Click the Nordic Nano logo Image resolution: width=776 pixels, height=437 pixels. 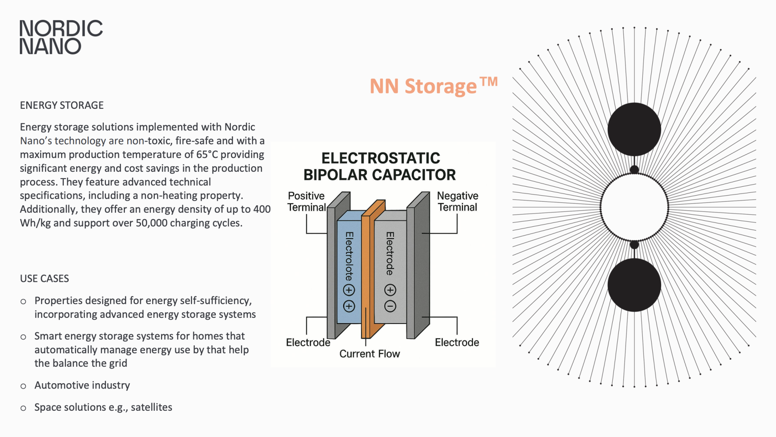pyautogui.click(x=61, y=37)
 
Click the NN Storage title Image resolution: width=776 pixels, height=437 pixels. pyautogui.click(x=433, y=86)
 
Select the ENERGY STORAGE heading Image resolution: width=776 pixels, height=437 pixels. pyautogui.click(x=62, y=106)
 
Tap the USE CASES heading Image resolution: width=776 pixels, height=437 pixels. pyautogui.click(x=44, y=279)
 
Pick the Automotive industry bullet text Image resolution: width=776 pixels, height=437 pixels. pyautogui.click(x=82, y=385)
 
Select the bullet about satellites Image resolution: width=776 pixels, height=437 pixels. pyautogui.click(x=103, y=407)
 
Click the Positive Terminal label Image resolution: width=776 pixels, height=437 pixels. pyautogui.click(x=306, y=201)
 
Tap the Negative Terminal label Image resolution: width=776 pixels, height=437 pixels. pyautogui.click(x=458, y=201)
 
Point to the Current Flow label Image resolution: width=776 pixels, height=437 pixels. pyautogui.click(x=369, y=354)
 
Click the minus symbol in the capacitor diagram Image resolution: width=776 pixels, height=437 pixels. pyautogui.click(x=390, y=306)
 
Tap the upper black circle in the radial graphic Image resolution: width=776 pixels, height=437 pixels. pyautogui.click(x=634, y=129)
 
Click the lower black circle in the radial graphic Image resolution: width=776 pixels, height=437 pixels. pyautogui.click(x=634, y=285)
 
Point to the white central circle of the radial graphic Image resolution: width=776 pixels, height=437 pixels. pyautogui.click(x=634, y=207)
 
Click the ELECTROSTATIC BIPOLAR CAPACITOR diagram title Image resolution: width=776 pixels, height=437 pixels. pyautogui.click(x=380, y=167)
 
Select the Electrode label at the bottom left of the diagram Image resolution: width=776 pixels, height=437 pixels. pyautogui.click(x=308, y=343)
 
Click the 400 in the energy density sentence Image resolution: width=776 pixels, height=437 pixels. pyautogui.click(x=262, y=209)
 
